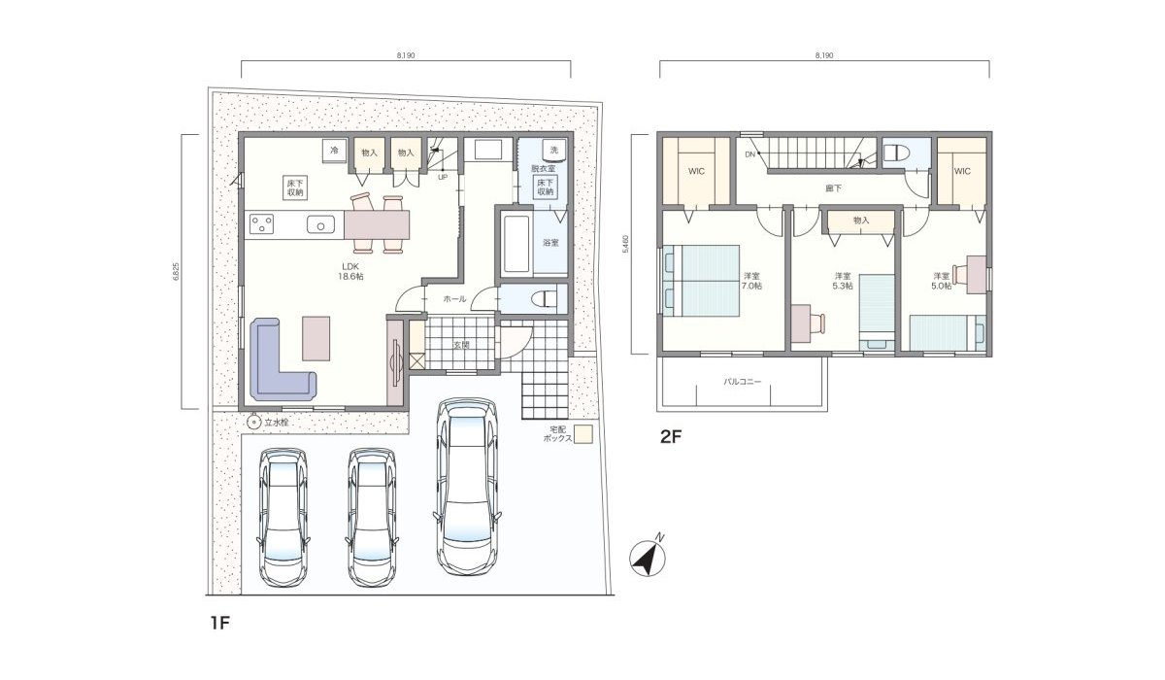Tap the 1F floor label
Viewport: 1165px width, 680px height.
218,623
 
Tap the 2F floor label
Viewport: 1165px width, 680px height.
672,437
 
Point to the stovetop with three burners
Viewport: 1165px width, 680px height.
261,224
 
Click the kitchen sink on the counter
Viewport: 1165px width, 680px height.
321,224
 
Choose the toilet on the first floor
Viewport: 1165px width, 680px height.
545,297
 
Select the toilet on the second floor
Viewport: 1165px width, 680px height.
894,153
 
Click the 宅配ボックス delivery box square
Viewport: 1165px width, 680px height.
582,434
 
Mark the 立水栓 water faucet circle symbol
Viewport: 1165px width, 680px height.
252,423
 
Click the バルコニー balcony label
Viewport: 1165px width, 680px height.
742,382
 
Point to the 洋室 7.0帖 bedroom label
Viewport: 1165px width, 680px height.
751,281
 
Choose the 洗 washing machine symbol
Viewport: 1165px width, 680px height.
553,151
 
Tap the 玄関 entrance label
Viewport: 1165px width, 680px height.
462,345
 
